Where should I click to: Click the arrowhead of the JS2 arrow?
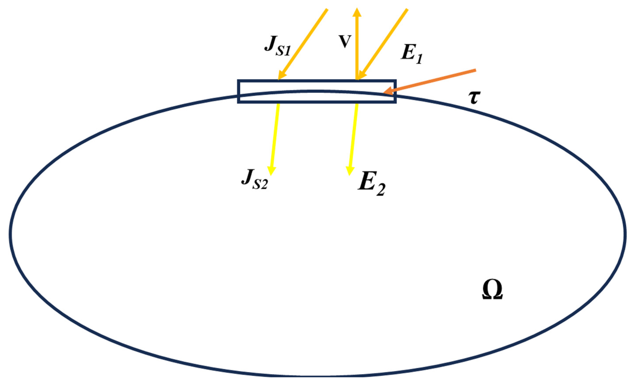[271, 171]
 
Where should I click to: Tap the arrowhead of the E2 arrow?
[350, 171]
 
